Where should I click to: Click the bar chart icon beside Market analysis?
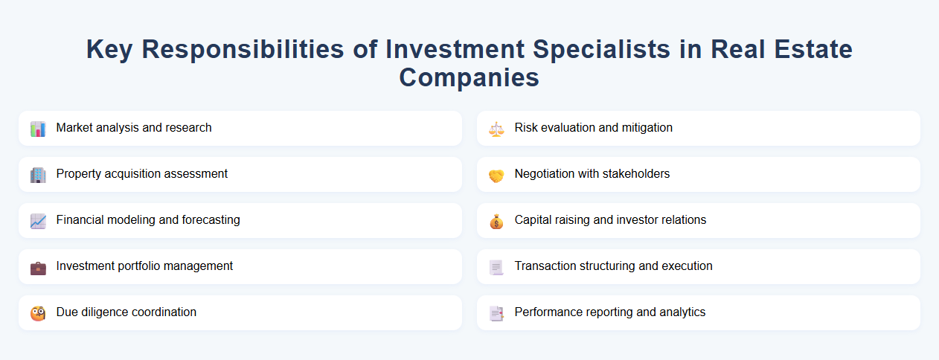(38, 129)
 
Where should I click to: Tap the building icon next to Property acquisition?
(38, 175)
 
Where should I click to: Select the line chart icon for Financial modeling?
(38, 221)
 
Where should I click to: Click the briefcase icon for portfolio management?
(38, 267)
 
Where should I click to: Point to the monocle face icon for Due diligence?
(38, 313)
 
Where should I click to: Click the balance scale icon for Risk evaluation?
(496, 129)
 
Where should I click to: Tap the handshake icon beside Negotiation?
(496, 175)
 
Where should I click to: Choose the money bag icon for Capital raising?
(496, 221)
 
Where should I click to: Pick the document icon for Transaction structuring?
(496, 267)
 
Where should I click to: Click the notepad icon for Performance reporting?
(496, 313)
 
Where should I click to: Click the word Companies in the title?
(469, 77)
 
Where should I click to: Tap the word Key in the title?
(110, 49)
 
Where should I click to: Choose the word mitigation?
(645, 128)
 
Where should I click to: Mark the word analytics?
(679, 312)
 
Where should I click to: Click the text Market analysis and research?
(134, 128)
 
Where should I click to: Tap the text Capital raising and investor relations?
(610, 220)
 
